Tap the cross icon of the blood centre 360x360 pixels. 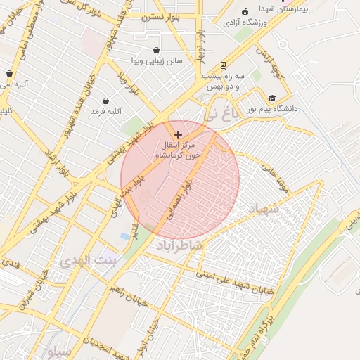click(177, 134)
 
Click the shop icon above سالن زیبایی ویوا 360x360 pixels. click(155, 50)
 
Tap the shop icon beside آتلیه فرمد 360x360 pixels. click(106, 101)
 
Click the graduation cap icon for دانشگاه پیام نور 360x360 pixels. click(272, 98)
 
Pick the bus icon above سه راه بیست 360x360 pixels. click(224, 64)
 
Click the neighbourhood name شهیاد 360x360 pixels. click(264, 210)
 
